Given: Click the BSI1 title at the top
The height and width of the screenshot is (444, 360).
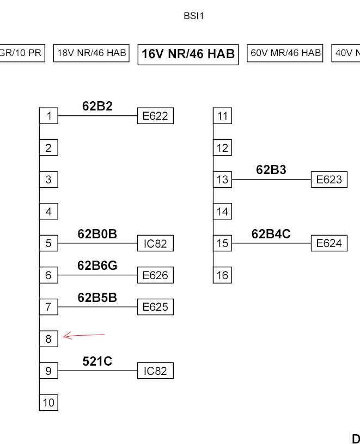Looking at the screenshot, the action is coord(193,16).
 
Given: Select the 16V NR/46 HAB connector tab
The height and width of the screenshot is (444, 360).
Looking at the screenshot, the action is coord(188,54).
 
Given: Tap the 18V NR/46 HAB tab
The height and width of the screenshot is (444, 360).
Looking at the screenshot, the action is coord(91,53).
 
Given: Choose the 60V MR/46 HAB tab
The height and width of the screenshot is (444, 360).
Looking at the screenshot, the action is coord(285,53).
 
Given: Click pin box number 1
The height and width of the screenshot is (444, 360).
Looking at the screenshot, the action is coord(48,116).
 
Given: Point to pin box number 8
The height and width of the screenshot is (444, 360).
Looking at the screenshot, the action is coord(48,338).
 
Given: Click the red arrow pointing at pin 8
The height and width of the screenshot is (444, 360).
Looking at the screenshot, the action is coord(84,336).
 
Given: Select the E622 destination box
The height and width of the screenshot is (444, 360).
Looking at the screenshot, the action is coord(155,116).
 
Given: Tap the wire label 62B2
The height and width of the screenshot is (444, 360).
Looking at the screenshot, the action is coord(97,106).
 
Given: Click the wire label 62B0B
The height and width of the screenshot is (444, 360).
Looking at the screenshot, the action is coord(97,234).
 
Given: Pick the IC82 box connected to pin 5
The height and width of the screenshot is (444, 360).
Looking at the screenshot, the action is coord(155,243).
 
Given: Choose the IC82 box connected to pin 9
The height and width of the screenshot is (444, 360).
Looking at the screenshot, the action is coord(155,371).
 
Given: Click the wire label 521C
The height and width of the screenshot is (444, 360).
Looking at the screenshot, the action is coord(97,361).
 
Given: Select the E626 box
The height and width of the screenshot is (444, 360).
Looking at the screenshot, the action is coord(155,275).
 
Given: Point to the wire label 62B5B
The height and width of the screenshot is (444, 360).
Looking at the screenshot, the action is coord(97,298).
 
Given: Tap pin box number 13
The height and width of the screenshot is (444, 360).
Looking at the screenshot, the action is coord(222,180).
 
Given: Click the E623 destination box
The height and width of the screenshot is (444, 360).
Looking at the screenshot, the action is coord(329,180).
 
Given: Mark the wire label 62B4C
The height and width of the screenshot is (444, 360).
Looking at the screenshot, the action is coord(271,234).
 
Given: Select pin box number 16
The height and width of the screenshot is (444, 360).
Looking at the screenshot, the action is coord(222,275).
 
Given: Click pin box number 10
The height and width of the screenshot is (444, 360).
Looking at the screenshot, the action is coord(48,403).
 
